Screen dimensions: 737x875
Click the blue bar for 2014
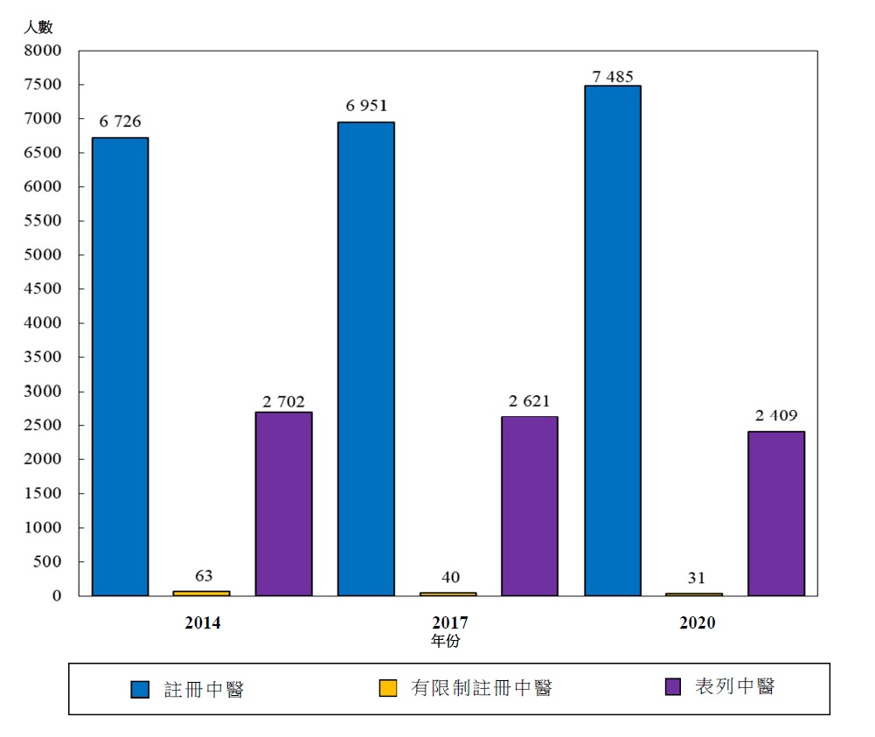(121, 366)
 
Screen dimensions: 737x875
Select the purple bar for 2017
(530, 505)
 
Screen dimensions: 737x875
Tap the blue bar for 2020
(613, 340)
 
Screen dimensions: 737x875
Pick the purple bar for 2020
(776, 513)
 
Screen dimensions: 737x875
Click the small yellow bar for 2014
(202, 593)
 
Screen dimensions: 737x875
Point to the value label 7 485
(612, 77)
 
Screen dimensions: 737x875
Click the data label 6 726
(121, 122)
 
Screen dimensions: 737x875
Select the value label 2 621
(529, 401)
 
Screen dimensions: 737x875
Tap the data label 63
(203, 575)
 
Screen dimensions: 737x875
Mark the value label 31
(696, 577)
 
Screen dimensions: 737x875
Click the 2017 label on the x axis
(450, 623)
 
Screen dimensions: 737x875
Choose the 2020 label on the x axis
(697, 623)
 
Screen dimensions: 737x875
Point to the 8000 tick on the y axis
(44, 51)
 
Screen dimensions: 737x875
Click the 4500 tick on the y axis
(44, 289)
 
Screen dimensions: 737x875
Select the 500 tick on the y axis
(48, 562)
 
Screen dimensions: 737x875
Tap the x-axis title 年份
(446, 641)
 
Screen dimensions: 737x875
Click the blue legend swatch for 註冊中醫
(140, 689)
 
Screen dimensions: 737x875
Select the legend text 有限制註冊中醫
(482, 688)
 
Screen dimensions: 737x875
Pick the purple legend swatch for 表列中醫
(673, 687)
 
